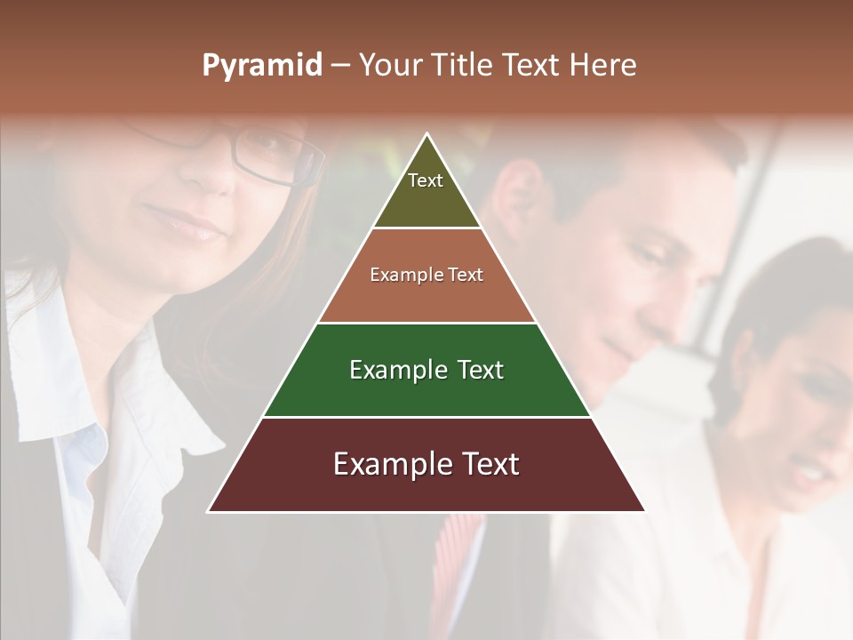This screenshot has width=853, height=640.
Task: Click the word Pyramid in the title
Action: [261, 66]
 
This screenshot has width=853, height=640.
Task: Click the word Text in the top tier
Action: [426, 180]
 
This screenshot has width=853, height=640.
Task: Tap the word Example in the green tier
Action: [390, 370]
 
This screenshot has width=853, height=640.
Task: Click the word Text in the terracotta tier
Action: [466, 275]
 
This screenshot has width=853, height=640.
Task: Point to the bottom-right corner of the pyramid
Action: [644, 511]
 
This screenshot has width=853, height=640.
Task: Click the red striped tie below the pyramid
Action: [458, 551]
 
